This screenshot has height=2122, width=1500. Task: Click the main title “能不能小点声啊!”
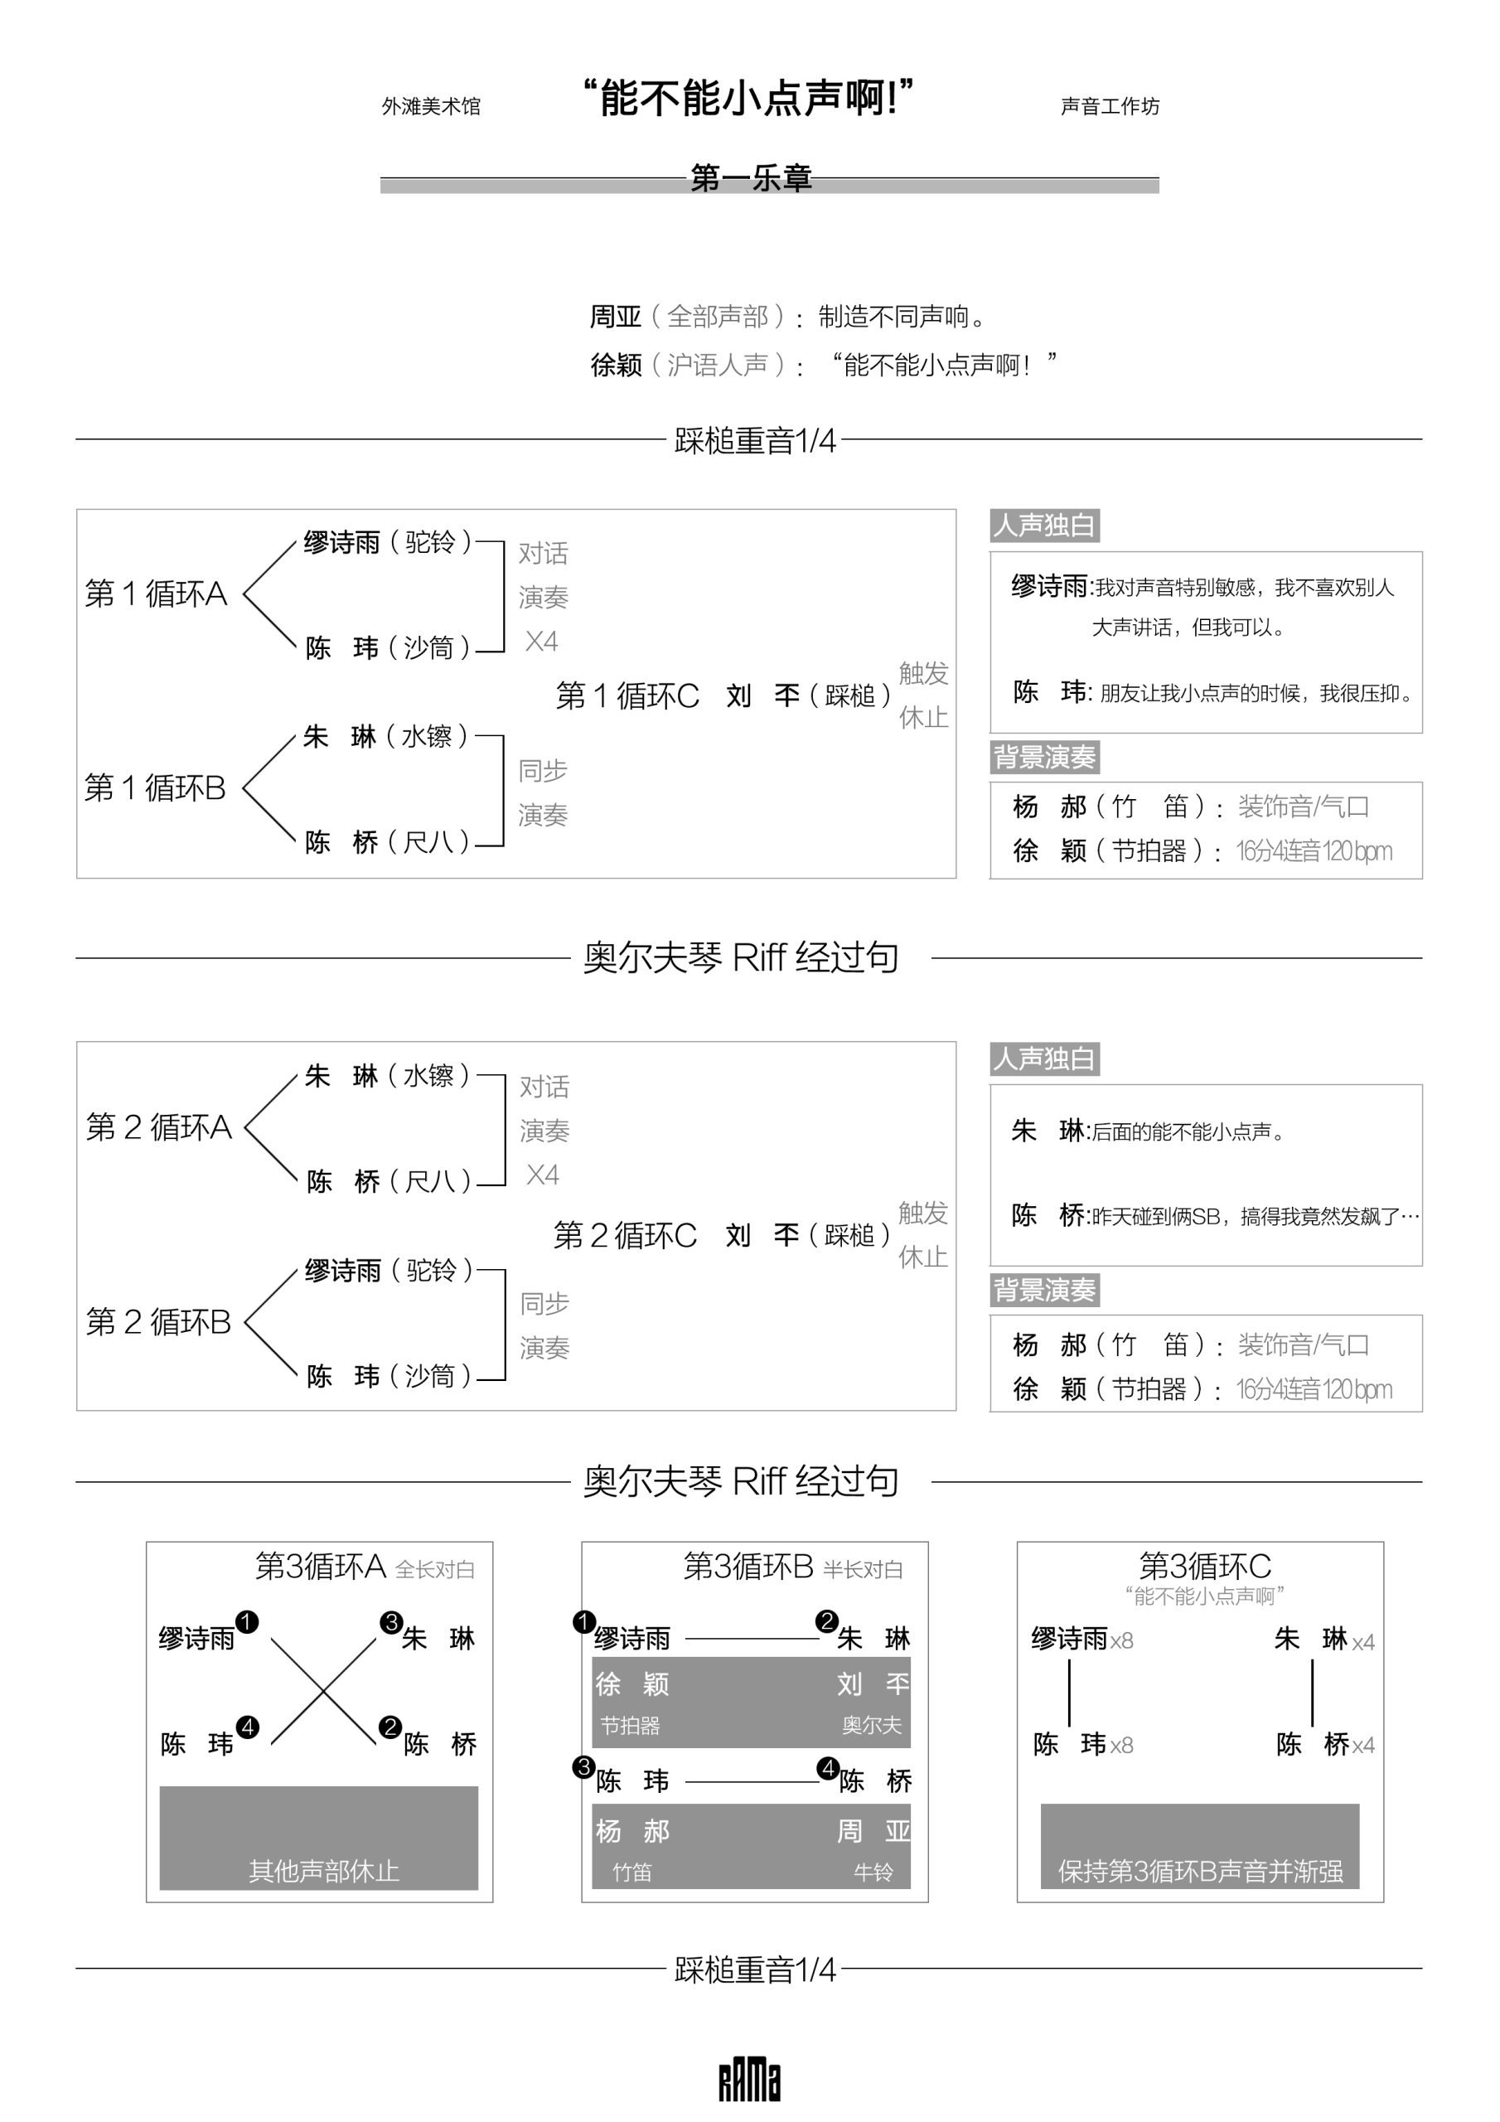pos(748,97)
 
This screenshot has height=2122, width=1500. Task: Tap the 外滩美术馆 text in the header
pos(431,107)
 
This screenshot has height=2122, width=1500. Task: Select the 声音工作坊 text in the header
pos(1109,107)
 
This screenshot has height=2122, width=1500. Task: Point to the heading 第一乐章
pos(751,178)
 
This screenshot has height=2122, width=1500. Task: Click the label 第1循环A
pos(156,593)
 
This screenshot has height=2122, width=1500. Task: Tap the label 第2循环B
pos(158,1321)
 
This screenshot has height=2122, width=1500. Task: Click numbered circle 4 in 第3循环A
pos(248,1727)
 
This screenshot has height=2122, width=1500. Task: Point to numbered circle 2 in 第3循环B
pos(826,1621)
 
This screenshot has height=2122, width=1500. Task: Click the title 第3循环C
pos(1204,1566)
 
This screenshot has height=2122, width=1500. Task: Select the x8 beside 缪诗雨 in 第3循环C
pos(1121,1641)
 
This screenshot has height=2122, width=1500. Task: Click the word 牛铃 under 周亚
pos(873,1872)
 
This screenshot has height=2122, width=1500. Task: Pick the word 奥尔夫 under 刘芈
pos(871,1725)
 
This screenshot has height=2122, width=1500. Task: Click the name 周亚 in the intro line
pos(616,317)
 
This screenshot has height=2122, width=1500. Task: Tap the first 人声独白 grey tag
pos(1043,526)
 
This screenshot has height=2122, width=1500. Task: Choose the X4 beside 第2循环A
pos(543,1175)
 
